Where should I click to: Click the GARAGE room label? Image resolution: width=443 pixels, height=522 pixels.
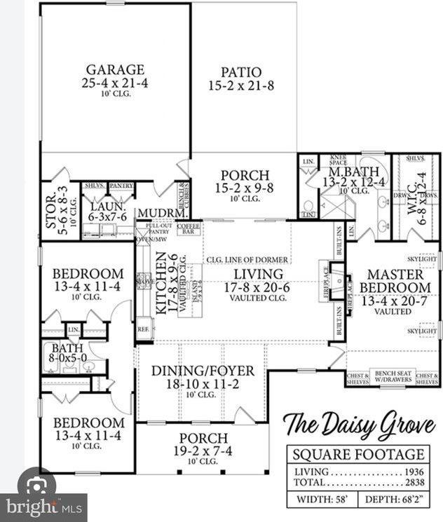click(x=115, y=70)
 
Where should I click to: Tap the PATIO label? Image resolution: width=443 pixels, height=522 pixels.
click(x=241, y=72)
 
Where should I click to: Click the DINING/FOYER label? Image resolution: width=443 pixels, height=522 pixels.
click(x=203, y=371)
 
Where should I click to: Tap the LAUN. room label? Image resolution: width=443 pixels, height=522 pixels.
click(x=107, y=207)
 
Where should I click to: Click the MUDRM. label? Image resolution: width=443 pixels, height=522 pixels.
click(x=161, y=213)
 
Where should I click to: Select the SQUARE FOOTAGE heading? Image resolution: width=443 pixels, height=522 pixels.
click(x=358, y=455)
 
